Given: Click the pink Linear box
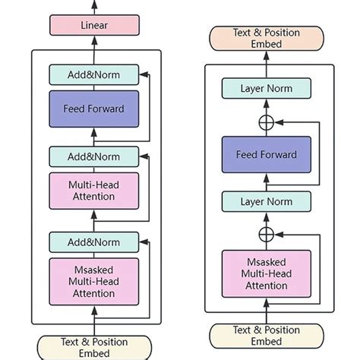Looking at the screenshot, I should click(94, 25).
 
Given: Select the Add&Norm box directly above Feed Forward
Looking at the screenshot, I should click(94, 74).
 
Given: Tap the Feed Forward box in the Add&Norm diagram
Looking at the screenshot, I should click(94, 108).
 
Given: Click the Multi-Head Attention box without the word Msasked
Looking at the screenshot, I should click(94, 191).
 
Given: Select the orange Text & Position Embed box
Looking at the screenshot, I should click(267, 38).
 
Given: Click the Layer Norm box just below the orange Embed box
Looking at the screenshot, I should click(267, 89).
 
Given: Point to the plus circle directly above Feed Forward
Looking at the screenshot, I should click(267, 122).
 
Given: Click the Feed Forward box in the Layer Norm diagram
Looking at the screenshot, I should click(267, 154).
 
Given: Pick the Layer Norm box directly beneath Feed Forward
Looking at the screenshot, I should click(267, 201).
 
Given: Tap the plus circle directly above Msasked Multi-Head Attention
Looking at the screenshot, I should click(267, 234).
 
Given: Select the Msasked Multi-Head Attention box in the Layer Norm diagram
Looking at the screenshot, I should click(267, 273).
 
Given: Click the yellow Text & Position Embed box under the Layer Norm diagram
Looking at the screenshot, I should click(267, 336).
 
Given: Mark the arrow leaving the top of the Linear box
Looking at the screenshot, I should click(94, 7).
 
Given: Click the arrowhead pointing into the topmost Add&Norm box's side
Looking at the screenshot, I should click(144, 74).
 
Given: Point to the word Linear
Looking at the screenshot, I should click(94, 25).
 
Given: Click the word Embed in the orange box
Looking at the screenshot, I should click(267, 44).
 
